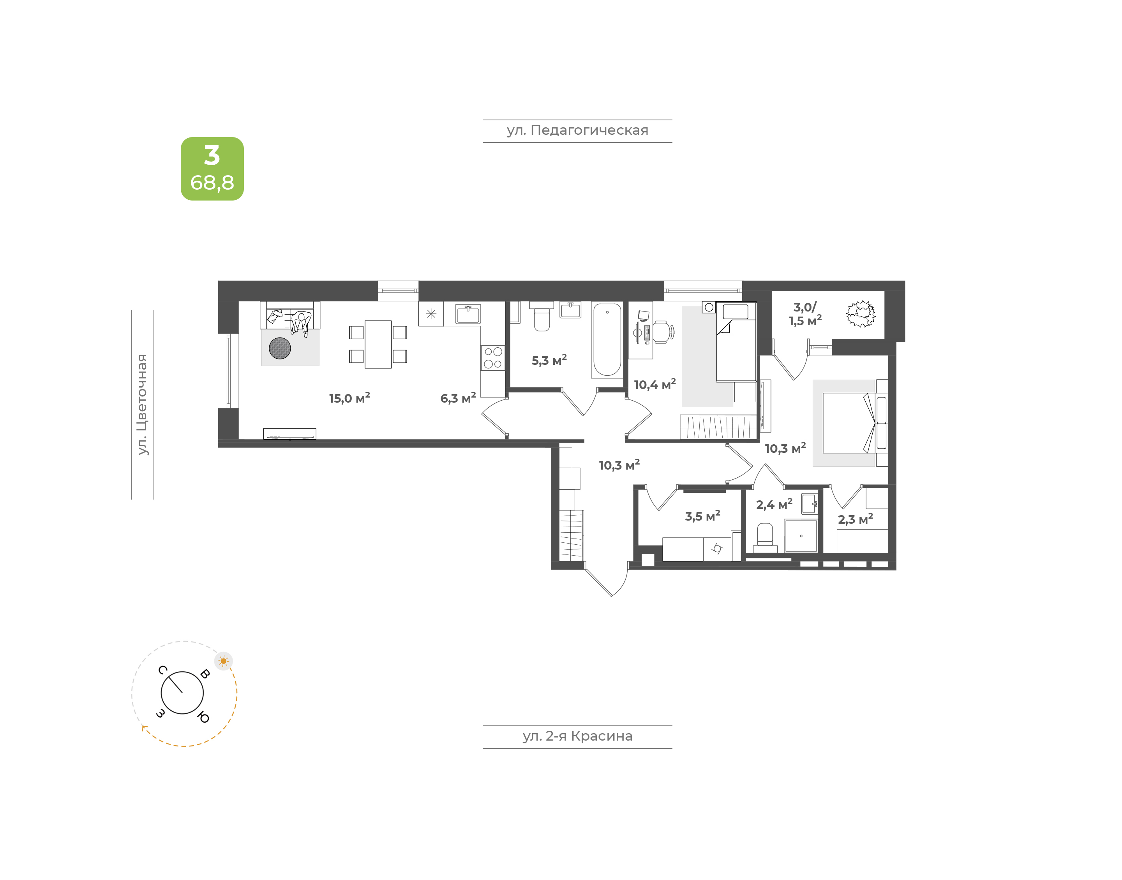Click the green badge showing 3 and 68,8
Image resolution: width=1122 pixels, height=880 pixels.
[212, 169]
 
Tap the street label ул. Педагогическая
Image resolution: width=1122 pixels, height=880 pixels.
[577, 130]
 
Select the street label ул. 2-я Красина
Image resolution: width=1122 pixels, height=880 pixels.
[577, 736]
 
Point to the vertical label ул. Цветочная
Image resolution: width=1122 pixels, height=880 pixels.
[142, 405]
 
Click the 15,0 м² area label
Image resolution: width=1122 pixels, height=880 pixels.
[349, 398]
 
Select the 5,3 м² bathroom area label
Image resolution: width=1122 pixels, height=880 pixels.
[549, 360]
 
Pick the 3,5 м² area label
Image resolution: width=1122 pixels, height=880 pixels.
[702, 516]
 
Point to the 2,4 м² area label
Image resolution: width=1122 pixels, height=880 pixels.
[774, 504]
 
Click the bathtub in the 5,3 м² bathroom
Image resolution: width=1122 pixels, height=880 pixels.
[607, 341]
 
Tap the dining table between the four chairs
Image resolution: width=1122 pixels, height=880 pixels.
[378, 344]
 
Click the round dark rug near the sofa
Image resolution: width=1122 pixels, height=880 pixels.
[280, 348]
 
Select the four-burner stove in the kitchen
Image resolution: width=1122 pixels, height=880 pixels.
[493, 357]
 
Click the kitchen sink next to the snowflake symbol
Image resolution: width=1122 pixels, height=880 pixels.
[468, 314]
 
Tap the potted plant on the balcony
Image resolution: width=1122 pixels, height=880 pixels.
[861, 314]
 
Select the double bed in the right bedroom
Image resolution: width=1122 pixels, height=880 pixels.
[849, 423]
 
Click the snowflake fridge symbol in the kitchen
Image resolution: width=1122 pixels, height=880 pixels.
[431, 314]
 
